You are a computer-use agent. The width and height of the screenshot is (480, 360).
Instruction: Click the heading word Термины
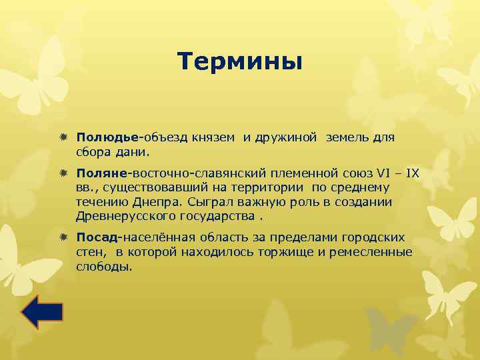pos(240,62)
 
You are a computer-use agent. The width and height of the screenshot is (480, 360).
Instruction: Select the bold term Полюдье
pos(107,137)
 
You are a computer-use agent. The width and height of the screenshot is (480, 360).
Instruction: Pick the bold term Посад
pos(97,237)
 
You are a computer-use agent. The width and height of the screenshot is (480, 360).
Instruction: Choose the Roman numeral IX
pos(413,173)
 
